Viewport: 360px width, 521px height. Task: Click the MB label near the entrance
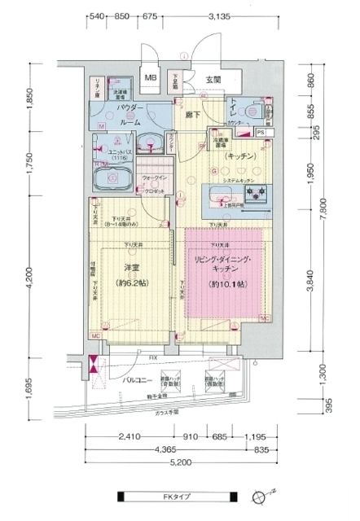pos(151,78)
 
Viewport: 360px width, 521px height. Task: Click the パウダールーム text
pos(130,115)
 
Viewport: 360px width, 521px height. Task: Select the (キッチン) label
pos(242,155)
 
